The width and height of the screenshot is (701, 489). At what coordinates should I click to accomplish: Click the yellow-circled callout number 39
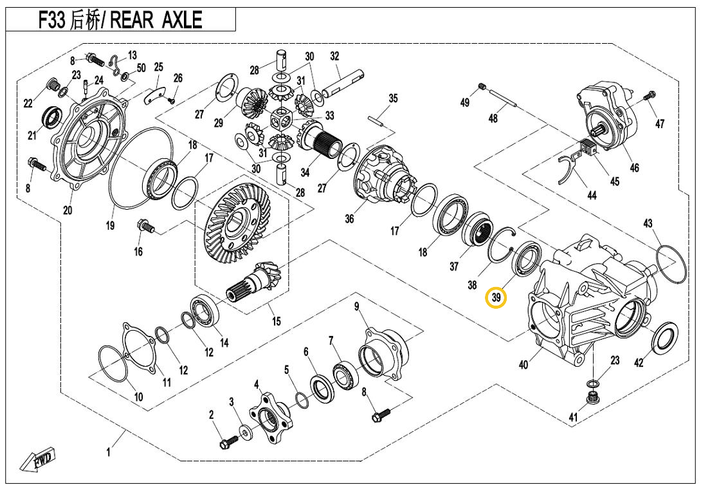496,299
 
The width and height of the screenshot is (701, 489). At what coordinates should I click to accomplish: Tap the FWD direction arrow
37,461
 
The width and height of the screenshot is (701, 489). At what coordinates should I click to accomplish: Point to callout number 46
634,168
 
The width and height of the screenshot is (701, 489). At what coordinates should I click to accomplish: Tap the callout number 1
109,453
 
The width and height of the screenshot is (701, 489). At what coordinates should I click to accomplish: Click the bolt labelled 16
144,226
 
